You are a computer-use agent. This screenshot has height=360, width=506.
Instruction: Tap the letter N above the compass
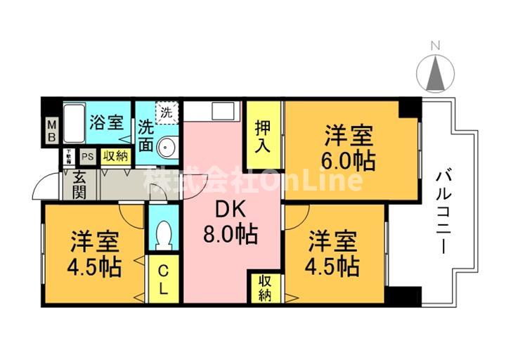(435, 47)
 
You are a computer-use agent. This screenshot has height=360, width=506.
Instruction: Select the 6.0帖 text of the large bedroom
(349, 160)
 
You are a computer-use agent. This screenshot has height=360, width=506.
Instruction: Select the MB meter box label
(51, 131)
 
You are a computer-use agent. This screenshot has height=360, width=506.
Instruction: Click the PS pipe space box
(87, 157)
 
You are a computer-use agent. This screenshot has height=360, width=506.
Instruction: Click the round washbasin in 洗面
(166, 147)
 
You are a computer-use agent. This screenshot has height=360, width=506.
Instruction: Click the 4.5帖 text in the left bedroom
(95, 267)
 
